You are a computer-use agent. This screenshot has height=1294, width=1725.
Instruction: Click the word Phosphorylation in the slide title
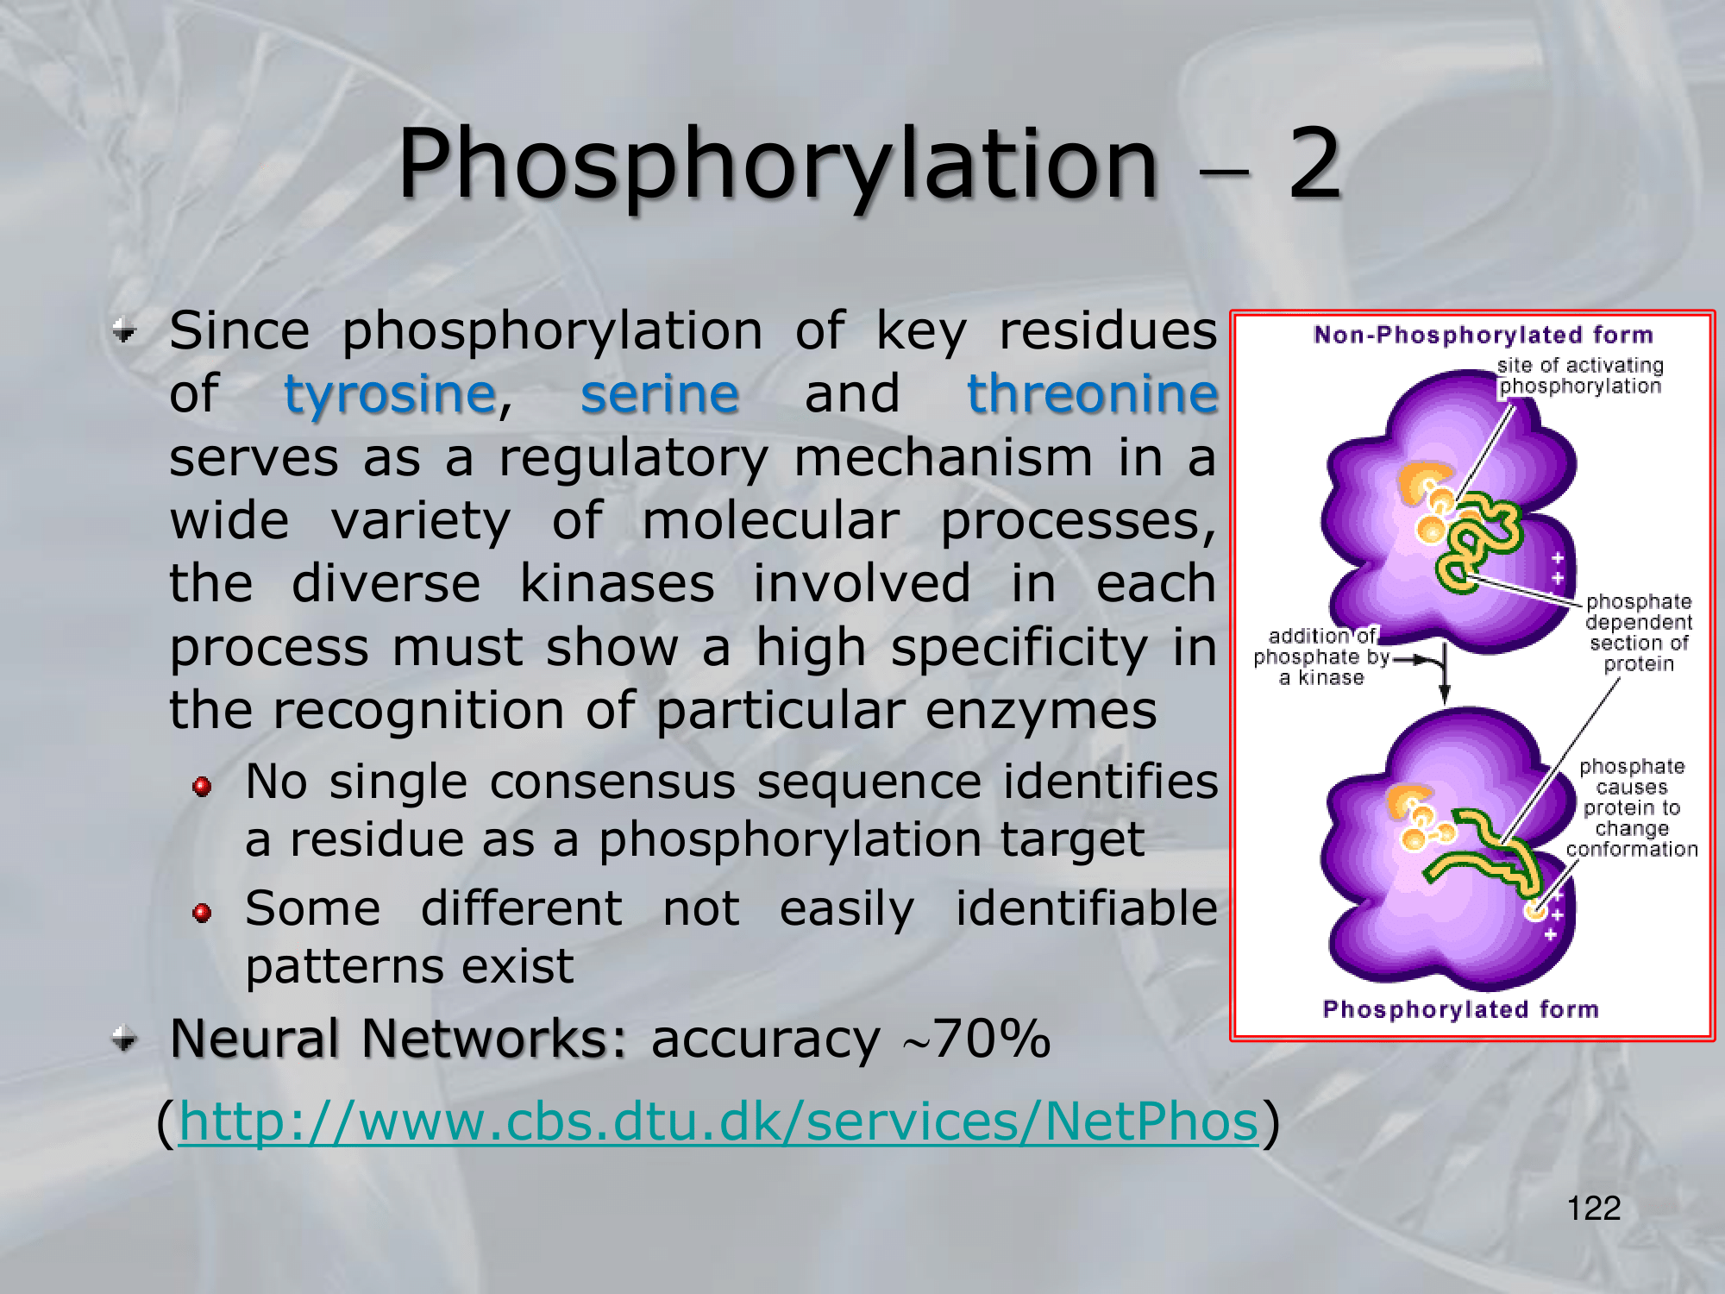click(777, 164)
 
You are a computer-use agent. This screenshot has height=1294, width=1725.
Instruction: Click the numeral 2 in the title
click(1314, 161)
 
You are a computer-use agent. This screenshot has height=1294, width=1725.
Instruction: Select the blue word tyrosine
click(391, 394)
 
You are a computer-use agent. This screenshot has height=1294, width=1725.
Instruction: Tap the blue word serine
click(660, 394)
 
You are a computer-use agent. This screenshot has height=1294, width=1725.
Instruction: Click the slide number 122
click(1594, 1208)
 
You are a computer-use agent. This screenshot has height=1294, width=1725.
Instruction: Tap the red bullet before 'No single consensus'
click(203, 786)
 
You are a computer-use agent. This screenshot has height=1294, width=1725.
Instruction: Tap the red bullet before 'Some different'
click(203, 913)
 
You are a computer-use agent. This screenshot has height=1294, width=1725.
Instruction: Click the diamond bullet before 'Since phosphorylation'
click(125, 330)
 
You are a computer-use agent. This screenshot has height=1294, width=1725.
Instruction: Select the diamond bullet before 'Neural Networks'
click(125, 1038)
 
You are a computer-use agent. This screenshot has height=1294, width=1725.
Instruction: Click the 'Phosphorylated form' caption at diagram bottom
click(1461, 1009)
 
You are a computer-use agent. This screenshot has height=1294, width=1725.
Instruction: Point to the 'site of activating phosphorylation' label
click(1580, 376)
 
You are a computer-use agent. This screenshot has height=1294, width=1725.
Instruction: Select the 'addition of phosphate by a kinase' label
click(1321, 657)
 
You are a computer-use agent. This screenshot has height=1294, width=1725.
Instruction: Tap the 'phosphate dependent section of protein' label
click(1639, 632)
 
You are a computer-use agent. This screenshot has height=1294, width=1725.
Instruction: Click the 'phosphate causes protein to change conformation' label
click(1632, 808)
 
